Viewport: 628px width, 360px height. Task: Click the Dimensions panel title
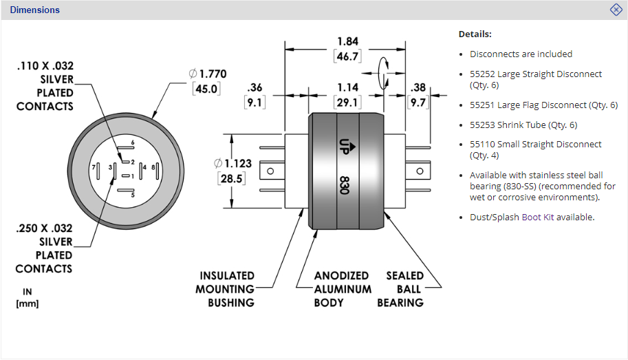click(35, 10)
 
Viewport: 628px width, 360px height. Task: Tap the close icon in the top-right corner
click(616, 10)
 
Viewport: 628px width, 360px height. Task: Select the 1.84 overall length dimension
click(347, 41)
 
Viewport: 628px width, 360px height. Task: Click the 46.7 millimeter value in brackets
click(347, 56)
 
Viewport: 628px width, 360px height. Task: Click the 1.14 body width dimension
click(347, 87)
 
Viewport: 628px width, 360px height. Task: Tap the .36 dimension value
click(255, 87)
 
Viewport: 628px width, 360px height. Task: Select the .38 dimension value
click(418, 87)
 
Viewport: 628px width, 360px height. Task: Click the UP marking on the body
click(345, 147)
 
